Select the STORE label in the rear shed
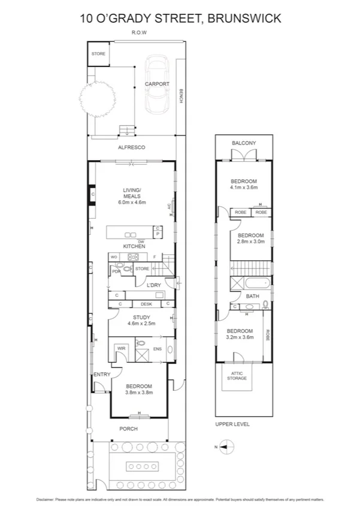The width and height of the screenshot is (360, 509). coord(98,54)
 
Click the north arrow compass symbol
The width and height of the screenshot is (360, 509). coord(226,445)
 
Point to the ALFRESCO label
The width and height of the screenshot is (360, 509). coord(131,147)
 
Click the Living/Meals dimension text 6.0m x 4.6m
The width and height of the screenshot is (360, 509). coord(132,203)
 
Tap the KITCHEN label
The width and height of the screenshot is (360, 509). coord(134,246)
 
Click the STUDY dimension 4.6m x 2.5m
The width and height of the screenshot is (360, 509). coord(141,324)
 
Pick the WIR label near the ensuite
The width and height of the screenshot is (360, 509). coord(120,348)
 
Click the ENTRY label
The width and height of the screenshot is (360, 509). coord(102,375)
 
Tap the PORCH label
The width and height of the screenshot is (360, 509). coord(128,429)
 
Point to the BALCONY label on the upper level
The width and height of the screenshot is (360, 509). coord(244,143)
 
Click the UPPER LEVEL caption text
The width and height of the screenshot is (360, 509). coord(233,424)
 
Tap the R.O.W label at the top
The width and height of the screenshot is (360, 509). coord(139,33)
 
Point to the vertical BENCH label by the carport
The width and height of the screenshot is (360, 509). coord(181,97)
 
